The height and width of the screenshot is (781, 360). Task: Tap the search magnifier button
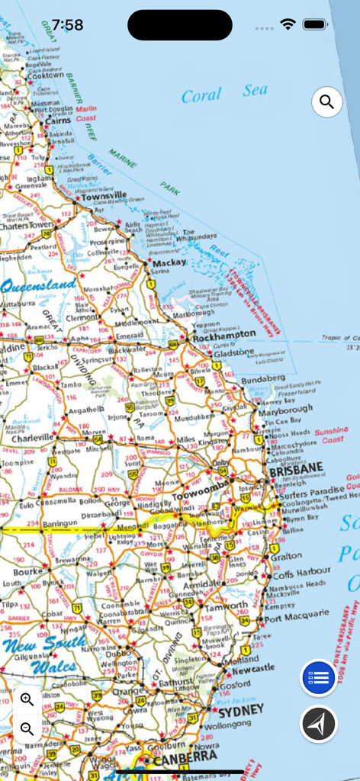327,101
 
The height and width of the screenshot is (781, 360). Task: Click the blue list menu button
320,677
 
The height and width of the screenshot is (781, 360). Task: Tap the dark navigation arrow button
319,724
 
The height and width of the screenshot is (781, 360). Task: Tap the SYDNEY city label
241,711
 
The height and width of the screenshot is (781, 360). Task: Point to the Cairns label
58,121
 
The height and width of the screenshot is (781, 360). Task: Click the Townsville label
104,196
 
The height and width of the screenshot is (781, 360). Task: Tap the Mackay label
169,262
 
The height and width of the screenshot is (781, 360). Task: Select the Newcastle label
253,668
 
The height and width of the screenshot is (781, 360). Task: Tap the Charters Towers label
27,226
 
